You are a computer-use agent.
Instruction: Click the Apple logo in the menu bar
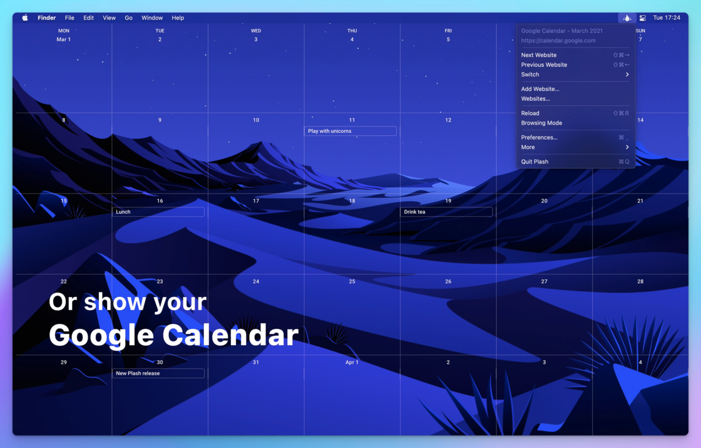(x=25, y=18)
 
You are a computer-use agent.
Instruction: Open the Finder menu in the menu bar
(x=46, y=18)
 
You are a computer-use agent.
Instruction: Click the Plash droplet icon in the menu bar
(x=627, y=18)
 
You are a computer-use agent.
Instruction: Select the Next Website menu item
(x=539, y=55)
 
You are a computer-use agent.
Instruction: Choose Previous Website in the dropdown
(x=544, y=65)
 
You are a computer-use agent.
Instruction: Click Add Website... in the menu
(x=540, y=89)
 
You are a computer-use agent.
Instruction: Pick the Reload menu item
(x=530, y=113)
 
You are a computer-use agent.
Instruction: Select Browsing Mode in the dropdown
(x=541, y=123)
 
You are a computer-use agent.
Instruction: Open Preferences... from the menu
(x=539, y=137)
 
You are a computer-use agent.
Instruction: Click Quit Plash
(x=535, y=162)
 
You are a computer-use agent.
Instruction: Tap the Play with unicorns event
(x=350, y=131)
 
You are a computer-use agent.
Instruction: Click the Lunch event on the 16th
(x=158, y=212)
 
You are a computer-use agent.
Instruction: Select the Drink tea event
(x=446, y=212)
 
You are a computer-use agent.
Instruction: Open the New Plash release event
(x=158, y=373)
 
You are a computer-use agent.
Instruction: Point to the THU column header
(x=352, y=31)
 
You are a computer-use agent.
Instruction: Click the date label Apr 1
(x=352, y=363)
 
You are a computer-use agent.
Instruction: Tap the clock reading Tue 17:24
(x=667, y=18)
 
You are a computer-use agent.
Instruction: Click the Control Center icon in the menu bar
(x=642, y=18)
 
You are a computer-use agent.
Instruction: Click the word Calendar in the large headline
(x=230, y=335)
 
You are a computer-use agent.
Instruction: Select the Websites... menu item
(x=536, y=99)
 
